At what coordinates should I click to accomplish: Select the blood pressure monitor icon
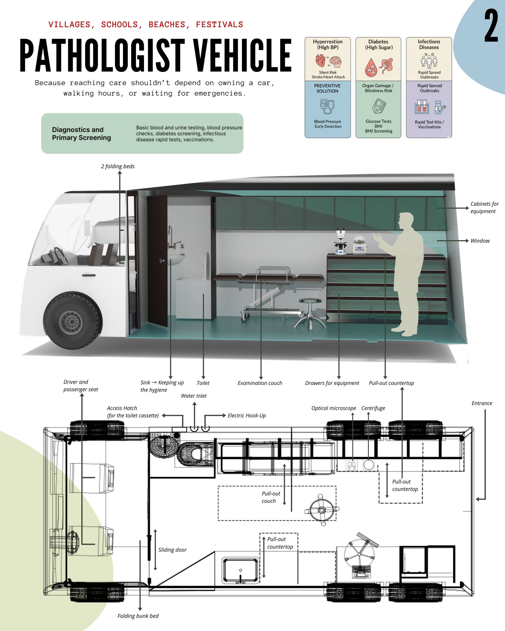coord(327,107)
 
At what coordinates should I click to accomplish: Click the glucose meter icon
coord(379,106)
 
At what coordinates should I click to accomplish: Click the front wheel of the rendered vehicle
coord(73,321)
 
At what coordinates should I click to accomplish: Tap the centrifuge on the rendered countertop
coord(359,245)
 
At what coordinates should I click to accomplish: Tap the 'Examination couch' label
coord(260,383)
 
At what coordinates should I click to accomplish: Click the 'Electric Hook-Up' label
coord(247,416)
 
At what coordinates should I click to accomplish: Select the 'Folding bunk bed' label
coord(138,616)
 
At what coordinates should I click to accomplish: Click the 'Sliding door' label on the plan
coord(172,550)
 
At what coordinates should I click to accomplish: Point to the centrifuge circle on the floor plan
coord(369,465)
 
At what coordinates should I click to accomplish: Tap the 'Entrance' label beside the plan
coord(482,403)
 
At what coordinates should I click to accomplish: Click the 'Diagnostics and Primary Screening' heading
coord(81,134)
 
